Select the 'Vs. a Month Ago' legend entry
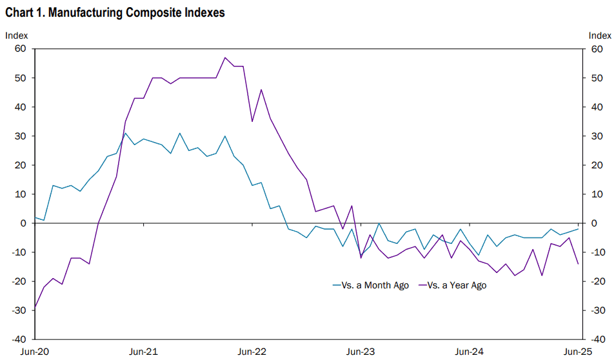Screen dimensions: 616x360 click(370, 285)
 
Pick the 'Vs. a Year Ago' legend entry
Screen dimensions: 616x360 click(452, 285)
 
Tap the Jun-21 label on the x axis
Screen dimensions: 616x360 click(143, 352)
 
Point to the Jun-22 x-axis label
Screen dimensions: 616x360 click(252, 352)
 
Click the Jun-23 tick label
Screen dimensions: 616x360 click(361, 352)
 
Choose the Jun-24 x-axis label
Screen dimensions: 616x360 click(469, 352)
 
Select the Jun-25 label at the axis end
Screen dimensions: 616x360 click(577, 352)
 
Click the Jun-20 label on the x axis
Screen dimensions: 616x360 click(35, 352)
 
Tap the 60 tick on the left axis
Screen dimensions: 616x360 click(21, 49)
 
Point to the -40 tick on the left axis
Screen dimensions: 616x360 click(19, 339)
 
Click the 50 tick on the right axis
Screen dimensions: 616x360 click(597, 78)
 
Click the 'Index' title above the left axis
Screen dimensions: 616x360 click(17, 35)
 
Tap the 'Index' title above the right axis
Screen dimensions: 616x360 click(600, 35)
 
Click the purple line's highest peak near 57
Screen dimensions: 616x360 click(224, 58)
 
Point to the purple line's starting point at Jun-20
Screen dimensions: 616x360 click(35, 307)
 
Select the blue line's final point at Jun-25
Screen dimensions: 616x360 click(578, 229)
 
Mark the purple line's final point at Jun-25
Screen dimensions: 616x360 click(578, 264)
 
